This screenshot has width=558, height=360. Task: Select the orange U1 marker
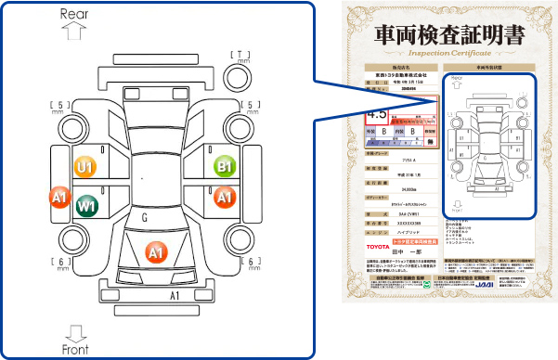(x=86, y=167)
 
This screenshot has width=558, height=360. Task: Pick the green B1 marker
(x=224, y=167)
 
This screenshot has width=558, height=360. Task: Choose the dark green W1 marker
(x=87, y=203)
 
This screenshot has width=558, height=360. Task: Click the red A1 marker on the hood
(x=156, y=251)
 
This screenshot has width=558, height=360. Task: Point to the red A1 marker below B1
(x=224, y=197)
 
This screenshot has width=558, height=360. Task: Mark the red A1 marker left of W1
(x=60, y=197)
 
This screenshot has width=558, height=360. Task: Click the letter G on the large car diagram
(x=145, y=217)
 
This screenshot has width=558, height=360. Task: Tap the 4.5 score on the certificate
(x=378, y=114)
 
